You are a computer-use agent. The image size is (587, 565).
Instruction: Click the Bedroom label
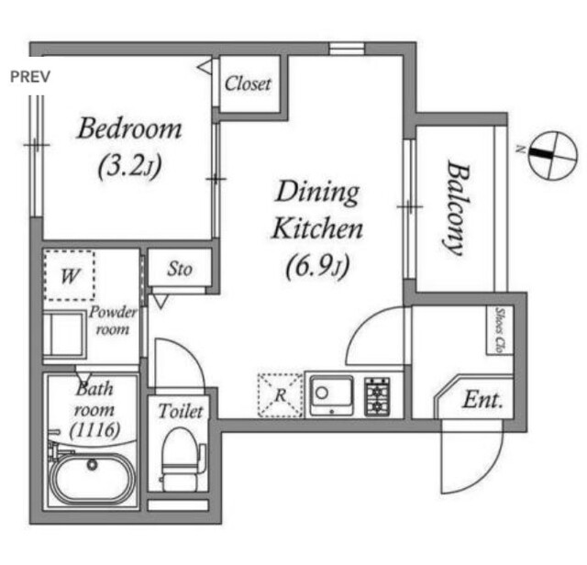tap(129, 128)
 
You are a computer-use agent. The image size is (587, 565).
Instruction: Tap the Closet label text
tap(248, 83)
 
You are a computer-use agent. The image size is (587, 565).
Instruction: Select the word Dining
tap(317, 193)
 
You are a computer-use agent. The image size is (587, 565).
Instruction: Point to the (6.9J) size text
tap(317, 266)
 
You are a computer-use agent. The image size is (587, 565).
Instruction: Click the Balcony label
tap(457, 208)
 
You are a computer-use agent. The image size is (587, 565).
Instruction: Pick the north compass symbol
tap(552, 155)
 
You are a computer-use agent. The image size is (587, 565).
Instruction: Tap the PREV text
tap(30, 77)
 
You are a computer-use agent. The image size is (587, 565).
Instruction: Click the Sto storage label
tap(180, 269)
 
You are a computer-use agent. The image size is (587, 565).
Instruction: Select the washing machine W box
tap(70, 275)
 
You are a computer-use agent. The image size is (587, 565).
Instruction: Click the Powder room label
tap(113, 320)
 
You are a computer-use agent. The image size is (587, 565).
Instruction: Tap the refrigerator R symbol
tap(280, 395)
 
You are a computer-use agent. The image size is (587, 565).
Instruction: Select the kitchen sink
tap(331, 396)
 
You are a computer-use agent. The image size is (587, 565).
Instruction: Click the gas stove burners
tap(377, 397)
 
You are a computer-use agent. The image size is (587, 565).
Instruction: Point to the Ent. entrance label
tap(482, 400)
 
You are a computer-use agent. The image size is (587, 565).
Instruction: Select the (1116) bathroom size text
tap(95, 429)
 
